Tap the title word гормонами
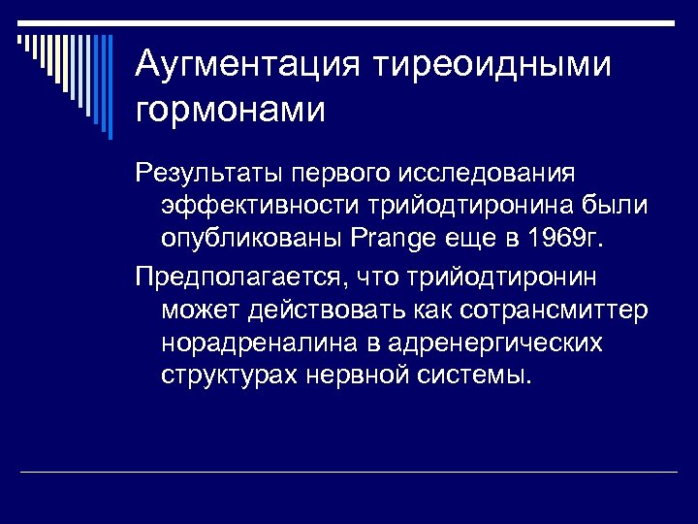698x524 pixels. [231, 109]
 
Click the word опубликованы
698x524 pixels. [247, 239]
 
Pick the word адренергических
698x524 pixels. [495, 344]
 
